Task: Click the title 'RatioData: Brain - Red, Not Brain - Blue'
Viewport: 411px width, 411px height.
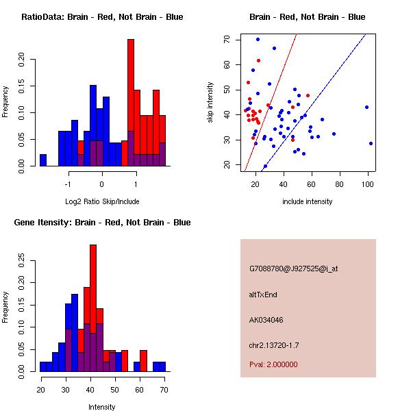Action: (102, 16)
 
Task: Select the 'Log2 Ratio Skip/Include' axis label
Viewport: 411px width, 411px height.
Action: (102, 201)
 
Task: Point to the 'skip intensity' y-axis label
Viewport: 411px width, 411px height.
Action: (210, 102)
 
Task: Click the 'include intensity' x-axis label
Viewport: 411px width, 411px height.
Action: (308, 201)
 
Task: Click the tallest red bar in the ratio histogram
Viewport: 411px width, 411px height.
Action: (131, 103)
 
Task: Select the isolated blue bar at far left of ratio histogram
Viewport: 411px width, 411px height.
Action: (43, 160)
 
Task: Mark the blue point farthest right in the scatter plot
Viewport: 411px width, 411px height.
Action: (371, 143)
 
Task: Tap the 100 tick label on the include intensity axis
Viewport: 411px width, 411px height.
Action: (368, 184)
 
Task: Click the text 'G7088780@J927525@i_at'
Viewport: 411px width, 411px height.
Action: (294, 269)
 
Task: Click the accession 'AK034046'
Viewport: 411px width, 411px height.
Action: (267, 319)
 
